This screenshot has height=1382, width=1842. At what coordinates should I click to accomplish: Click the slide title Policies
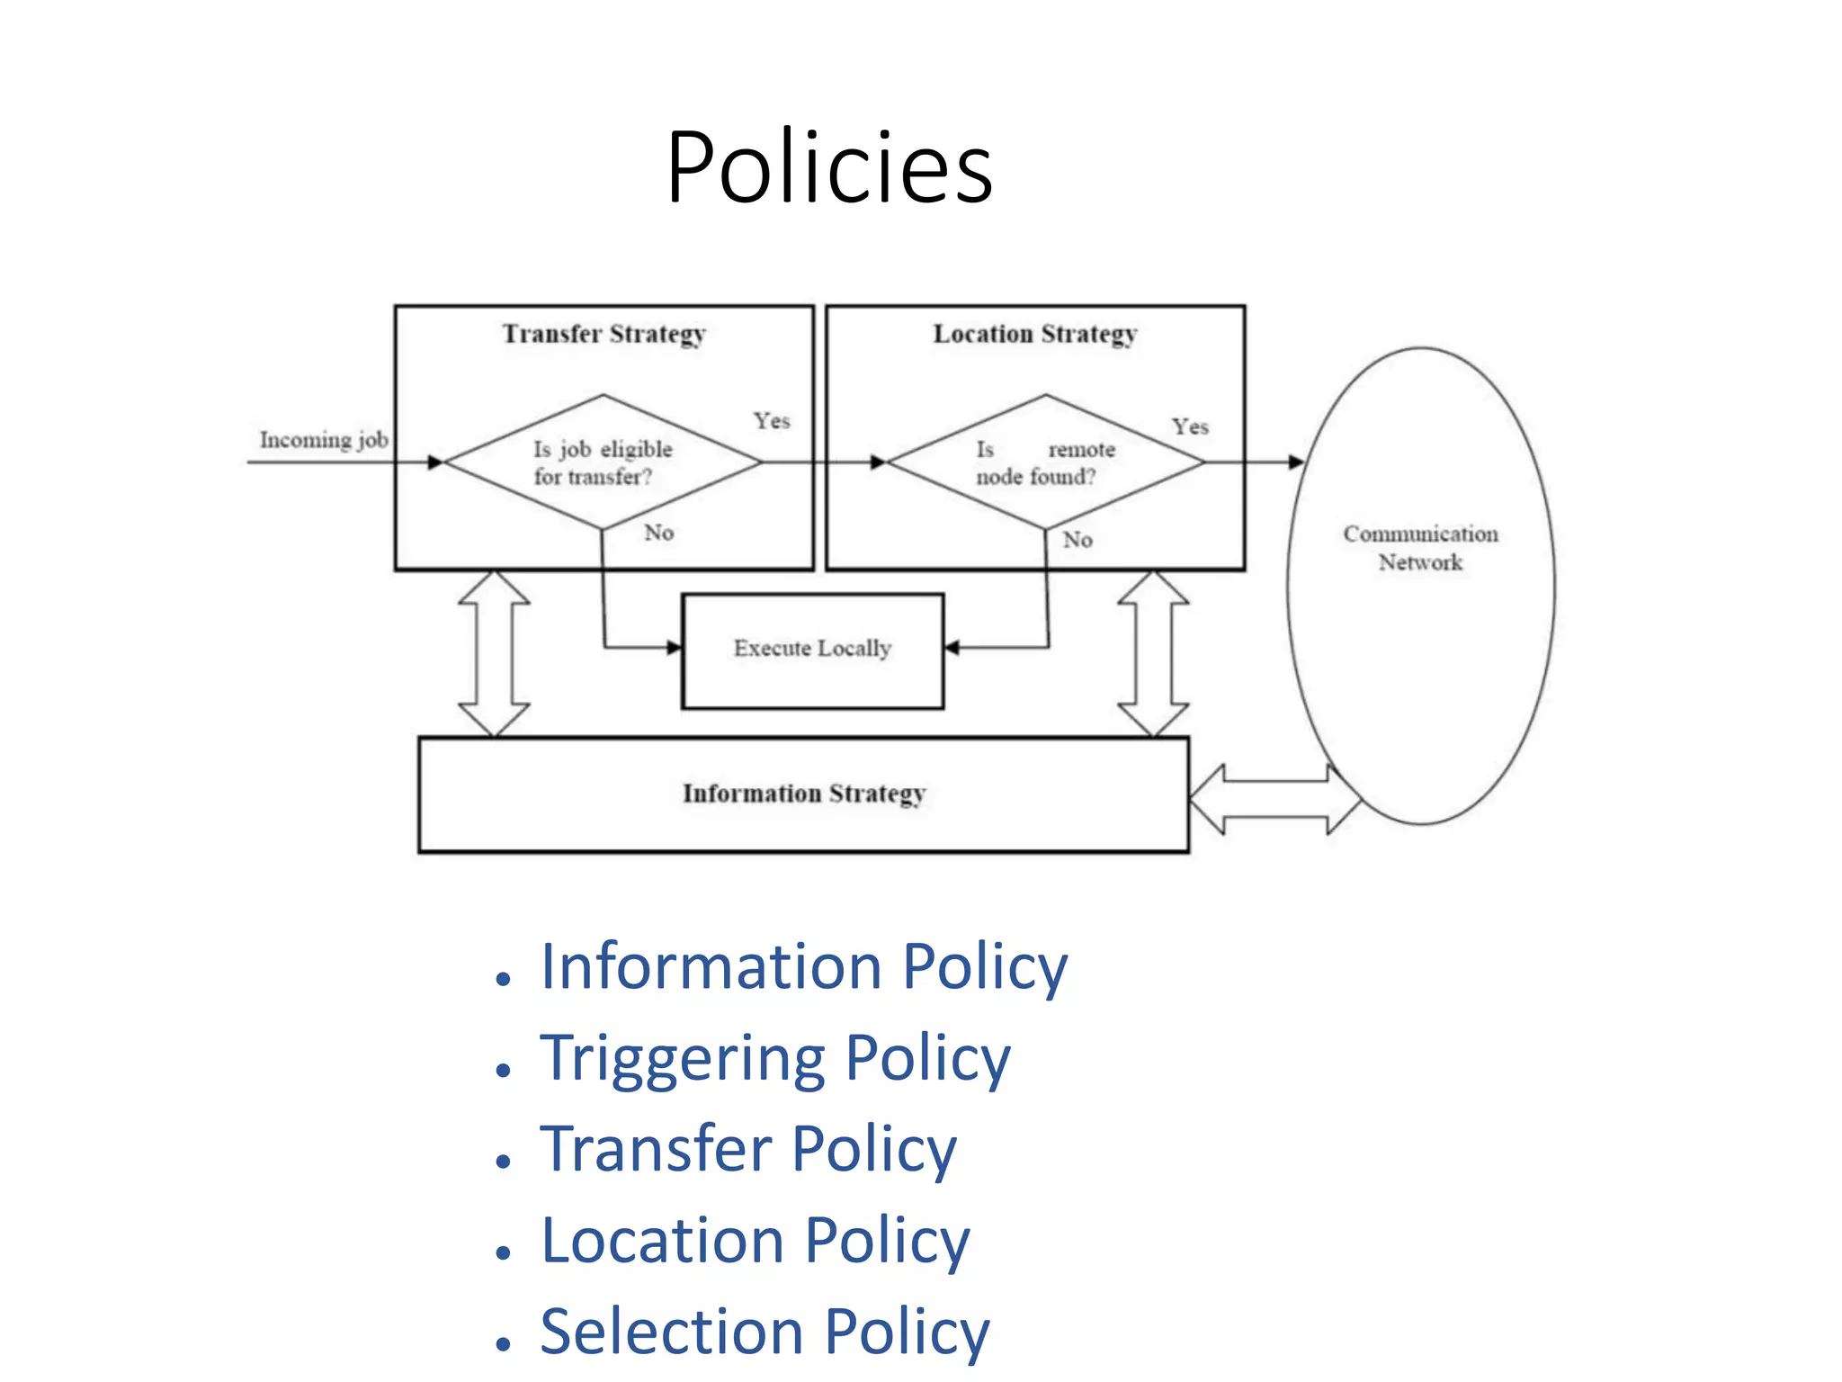(828, 167)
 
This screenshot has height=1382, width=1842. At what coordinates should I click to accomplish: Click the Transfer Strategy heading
(604, 334)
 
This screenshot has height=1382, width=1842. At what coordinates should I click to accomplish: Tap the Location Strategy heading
(1034, 334)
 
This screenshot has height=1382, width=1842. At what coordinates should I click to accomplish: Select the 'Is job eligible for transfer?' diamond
(603, 462)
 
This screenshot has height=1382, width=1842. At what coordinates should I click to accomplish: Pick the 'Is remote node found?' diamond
(1045, 462)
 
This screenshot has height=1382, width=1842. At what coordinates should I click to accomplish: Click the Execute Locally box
(812, 650)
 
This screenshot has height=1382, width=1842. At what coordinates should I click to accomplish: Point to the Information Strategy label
(803, 794)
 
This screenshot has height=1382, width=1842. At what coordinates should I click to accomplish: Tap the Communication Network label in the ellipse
(1420, 548)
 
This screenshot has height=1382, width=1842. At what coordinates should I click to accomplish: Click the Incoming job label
(324, 440)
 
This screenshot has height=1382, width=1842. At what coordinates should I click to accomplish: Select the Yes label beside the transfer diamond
(772, 421)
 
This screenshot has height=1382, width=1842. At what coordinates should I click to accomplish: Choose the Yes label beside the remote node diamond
(1190, 426)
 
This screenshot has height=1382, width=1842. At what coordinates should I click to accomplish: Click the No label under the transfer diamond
(658, 533)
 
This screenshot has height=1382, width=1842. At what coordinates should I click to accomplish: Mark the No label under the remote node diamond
(1077, 540)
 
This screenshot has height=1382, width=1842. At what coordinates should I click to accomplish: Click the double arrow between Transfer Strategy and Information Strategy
(494, 653)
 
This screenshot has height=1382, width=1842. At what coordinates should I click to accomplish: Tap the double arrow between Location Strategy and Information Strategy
(1153, 653)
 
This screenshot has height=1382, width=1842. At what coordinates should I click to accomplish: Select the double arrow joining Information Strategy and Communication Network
(1274, 799)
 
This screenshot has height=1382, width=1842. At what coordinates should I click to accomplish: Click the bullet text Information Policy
(803, 966)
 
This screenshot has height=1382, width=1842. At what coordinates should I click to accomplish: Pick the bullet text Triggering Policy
(774, 1058)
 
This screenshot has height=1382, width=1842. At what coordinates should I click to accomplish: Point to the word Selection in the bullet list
(671, 1332)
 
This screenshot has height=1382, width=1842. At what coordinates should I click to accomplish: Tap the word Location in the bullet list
(662, 1241)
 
